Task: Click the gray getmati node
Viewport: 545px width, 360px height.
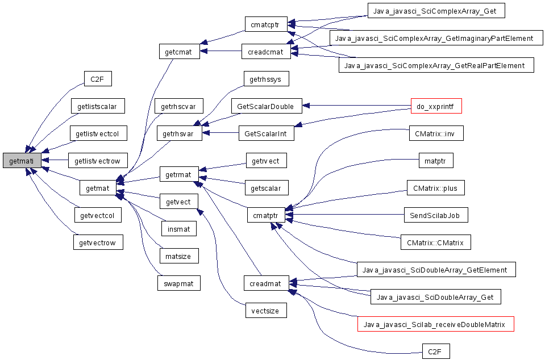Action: tap(22, 161)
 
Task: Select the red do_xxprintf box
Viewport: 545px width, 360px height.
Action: tap(436, 106)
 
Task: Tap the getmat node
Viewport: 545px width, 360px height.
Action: tap(98, 188)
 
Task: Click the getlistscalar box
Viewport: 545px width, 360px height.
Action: tap(98, 106)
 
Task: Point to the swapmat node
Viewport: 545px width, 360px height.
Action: tap(178, 283)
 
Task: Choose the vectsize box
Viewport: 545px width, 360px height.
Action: tap(266, 311)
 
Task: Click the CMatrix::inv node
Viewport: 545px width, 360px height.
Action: tap(436, 133)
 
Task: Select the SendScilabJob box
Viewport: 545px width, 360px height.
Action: tap(436, 215)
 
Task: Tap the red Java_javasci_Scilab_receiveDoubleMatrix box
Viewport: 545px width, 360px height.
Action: tap(435, 324)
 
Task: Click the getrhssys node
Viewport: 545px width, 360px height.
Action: tap(266, 79)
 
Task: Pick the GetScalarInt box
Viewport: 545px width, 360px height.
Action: tap(266, 133)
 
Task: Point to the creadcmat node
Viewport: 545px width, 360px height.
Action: tap(266, 52)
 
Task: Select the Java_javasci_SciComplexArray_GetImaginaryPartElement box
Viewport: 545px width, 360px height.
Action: tap(436, 38)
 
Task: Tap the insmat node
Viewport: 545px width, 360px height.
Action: tap(178, 229)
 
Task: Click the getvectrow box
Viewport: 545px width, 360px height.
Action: tap(98, 242)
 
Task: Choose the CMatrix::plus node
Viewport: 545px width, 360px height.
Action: tap(436, 188)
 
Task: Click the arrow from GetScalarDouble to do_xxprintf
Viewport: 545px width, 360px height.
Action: tap(356, 105)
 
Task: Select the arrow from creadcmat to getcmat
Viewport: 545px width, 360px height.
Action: tap(221, 51)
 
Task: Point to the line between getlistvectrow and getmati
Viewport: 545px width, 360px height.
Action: tap(55, 160)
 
